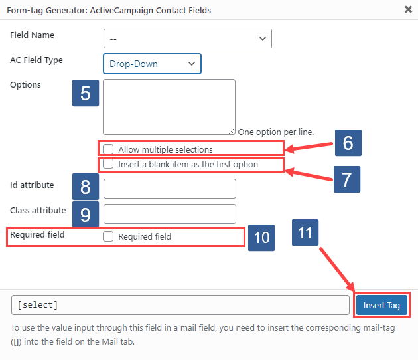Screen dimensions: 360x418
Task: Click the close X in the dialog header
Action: [407, 9]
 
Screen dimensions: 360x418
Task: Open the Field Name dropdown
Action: [188, 39]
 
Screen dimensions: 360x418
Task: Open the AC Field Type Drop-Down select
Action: [152, 64]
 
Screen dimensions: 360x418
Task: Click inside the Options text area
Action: [169, 106]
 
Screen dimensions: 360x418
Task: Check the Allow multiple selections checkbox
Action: [109, 149]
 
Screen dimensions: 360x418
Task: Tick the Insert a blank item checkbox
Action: [109, 164]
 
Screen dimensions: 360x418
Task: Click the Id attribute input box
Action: [170, 189]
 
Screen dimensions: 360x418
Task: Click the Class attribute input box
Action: [170, 213]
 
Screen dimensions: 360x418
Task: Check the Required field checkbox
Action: [109, 236]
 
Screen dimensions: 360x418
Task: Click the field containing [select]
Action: [180, 305]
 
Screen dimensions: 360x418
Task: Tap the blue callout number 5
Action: [86, 93]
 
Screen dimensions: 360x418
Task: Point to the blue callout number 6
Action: [347, 142]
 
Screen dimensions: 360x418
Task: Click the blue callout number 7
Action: [347, 179]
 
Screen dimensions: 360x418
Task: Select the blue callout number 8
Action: [86, 187]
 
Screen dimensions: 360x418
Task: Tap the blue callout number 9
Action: [86, 213]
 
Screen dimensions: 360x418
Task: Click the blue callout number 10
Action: [262, 237]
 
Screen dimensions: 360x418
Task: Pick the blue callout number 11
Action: [305, 233]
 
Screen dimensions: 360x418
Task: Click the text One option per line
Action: [275, 132]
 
